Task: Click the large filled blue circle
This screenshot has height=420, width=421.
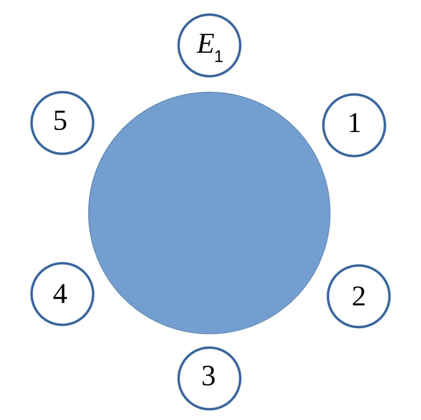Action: (x=209, y=213)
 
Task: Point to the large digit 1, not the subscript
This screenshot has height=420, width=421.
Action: (x=354, y=123)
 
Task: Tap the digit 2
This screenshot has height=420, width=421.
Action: (x=359, y=296)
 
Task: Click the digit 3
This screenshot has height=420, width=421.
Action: (x=209, y=376)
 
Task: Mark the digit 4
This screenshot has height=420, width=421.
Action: (x=60, y=294)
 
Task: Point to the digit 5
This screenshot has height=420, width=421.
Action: (x=60, y=121)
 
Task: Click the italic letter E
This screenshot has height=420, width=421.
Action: (x=205, y=43)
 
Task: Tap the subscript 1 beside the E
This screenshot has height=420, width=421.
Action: (x=219, y=56)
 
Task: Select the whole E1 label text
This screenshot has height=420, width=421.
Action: (x=209, y=48)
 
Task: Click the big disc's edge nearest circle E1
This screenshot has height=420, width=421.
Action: (x=209, y=93)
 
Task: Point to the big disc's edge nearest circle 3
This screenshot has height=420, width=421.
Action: (x=209, y=334)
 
